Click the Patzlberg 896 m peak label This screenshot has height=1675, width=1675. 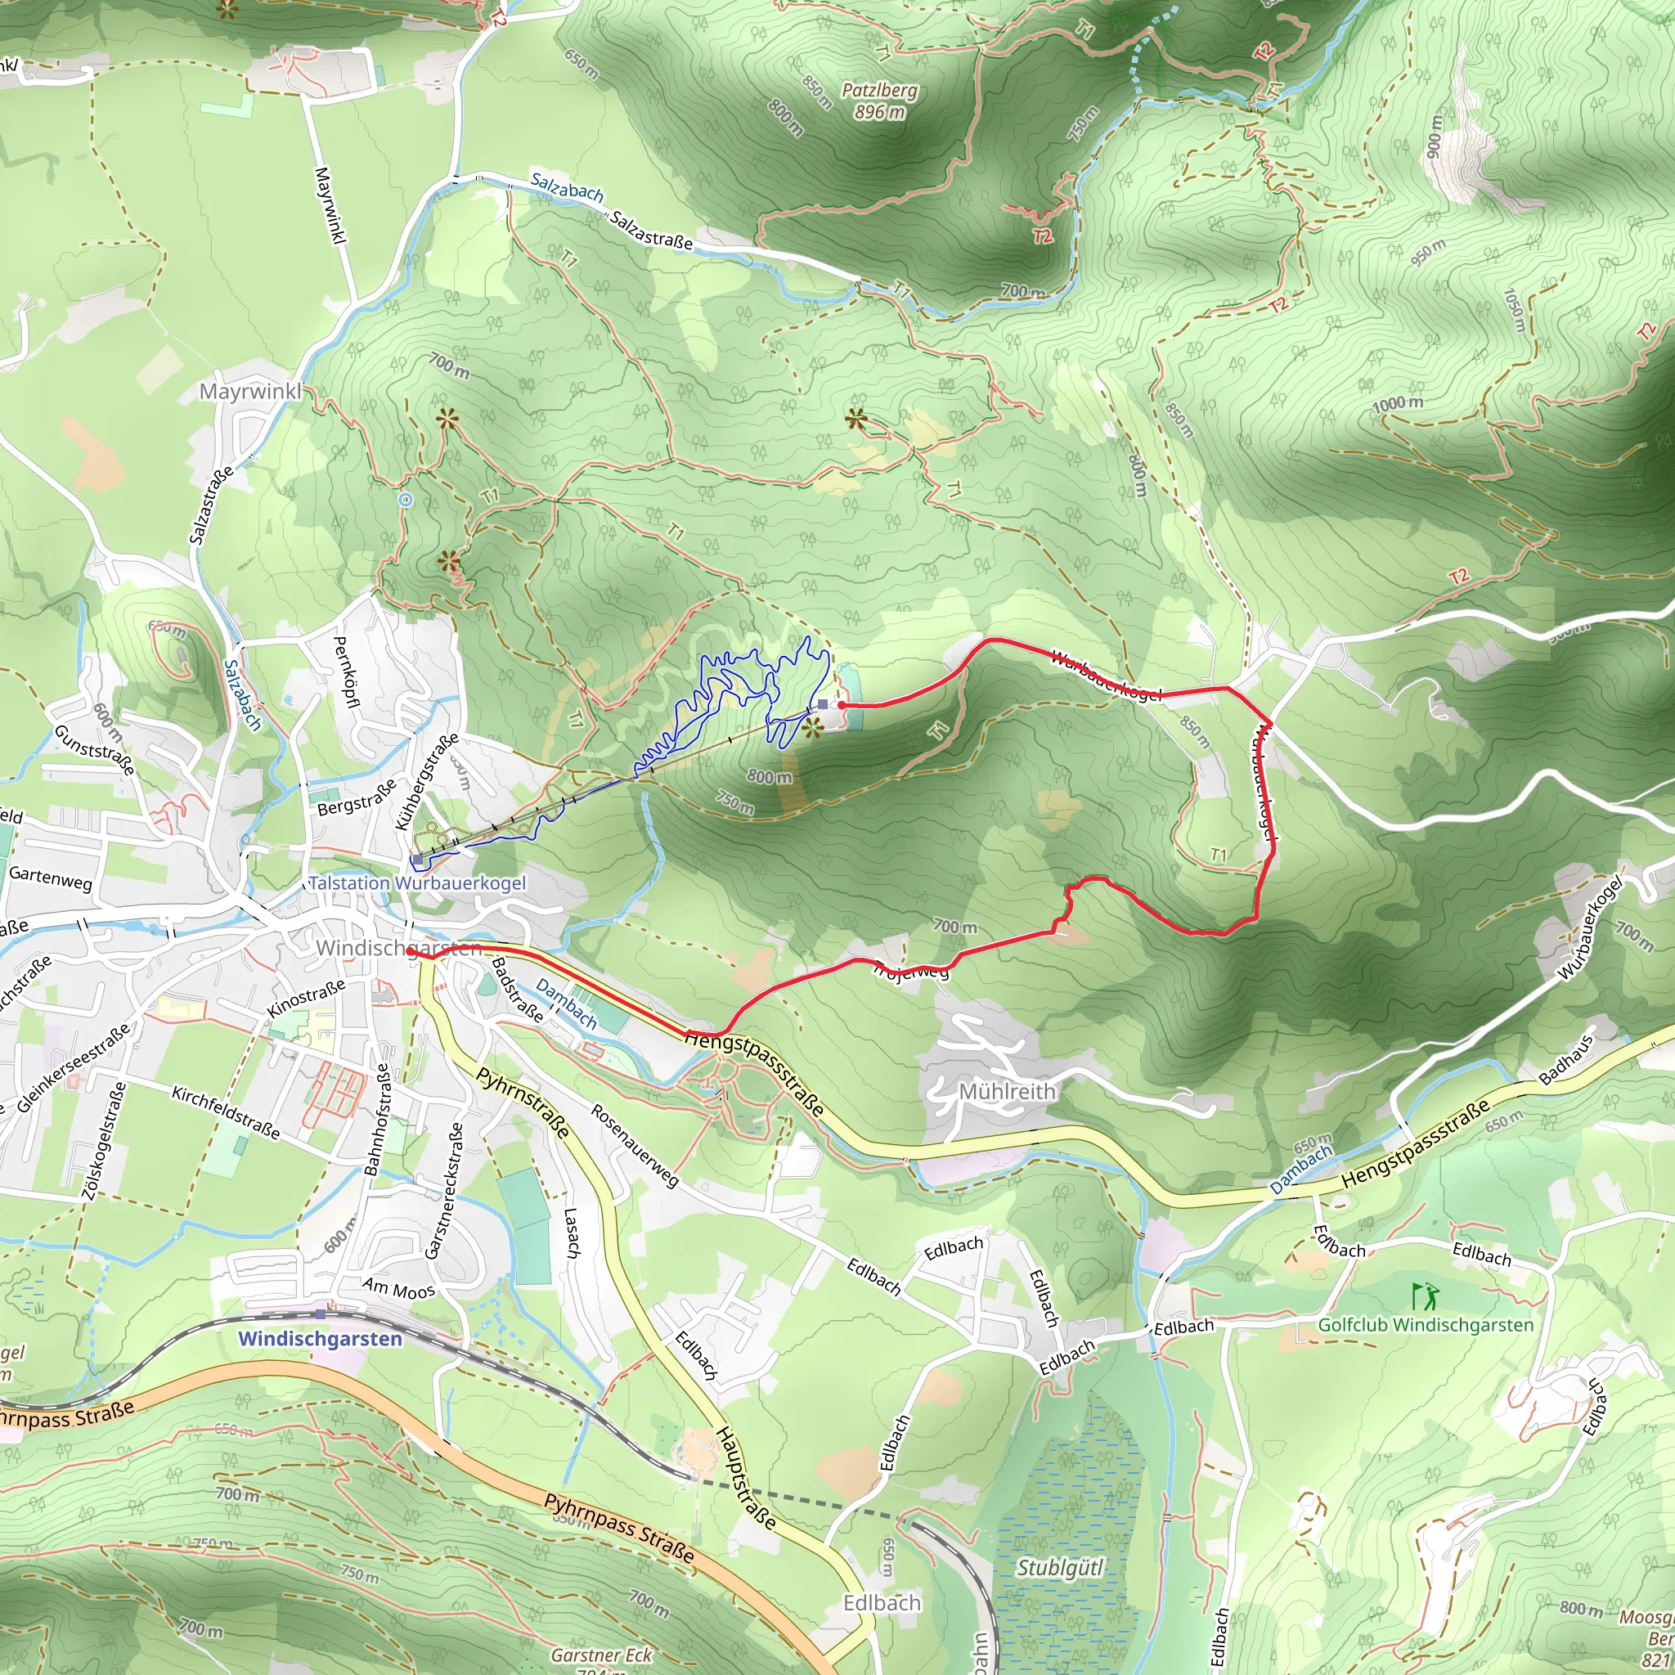pyautogui.click(x=879, y=101)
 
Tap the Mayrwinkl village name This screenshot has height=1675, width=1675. pyautogui.click(x=249, y=391)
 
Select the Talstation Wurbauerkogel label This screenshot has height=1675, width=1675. pyautogui.click(x=417, y=882)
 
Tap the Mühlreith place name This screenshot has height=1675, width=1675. pyautogui.click(x=1007, y=1091)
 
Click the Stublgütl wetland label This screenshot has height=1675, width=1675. pyautogui.click(x=1059, y=1568)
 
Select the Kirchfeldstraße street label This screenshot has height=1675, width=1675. pyautogui.click(x=226, y=1112)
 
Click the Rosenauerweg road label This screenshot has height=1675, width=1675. pyautogui.click(x=635, y=1144)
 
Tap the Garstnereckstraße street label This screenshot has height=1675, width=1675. pyautogui.click(x=444, y=1190)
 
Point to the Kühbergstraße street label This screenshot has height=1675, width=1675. pyautogui.click(x=427, y=781)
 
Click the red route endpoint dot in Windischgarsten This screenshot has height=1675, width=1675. pyautogui.click(x=409, y=951)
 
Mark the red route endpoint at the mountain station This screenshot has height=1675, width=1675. pyautogui.click(x=841, y=705)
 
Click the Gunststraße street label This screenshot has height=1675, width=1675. pyautogui.click(x=95, y=750)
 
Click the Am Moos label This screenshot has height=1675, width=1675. pyautogui.click(x=399, y=1289)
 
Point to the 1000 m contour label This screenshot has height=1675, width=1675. pyautogui.click(x=1398, y=404)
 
